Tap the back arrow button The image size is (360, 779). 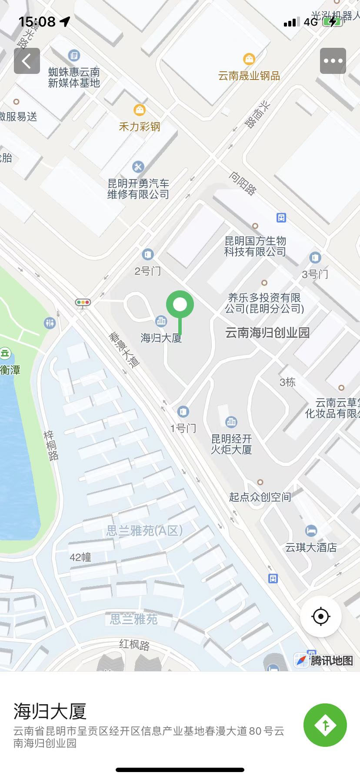pyautogui.click(x=27, y=61)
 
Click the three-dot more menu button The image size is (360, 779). pyautogui.click(x=333, y=61)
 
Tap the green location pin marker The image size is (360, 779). pyautogui.click(x=180, y=305)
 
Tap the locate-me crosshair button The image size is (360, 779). pyautogui.click(x=321, y=616)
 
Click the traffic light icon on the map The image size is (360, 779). pyautogui.click(x=83, y=302)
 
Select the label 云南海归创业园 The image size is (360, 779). pyautogui.click(x=267, y=333)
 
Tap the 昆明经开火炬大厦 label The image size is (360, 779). pyautogui.click(x=231, y=444)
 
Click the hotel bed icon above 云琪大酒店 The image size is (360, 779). pyautogui.click(x=311, y=530)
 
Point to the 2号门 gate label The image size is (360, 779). pyautogui.click(x=148, y=271)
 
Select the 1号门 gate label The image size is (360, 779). pyautogui.click(x=183, y=428)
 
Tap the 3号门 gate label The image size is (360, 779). pyautogui.click(x=315, y=274)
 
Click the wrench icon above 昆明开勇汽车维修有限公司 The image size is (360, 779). pyautogui.click(x=138, y=166)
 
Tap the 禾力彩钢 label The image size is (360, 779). pyautogui.click(x=140, y=127)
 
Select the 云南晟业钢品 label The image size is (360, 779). pyautogui.click(x=249, y=76)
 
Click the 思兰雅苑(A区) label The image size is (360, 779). pyautogui.click(x=144, y=531)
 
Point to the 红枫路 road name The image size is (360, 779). pyautogui.click(x=134, y=644)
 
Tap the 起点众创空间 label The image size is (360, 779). pyautogui.click(x=260, y=497)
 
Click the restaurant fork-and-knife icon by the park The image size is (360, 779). pyautogui.click(x=50, y=323)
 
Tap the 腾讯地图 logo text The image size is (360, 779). pyautogui.click(x=331, y=661)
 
